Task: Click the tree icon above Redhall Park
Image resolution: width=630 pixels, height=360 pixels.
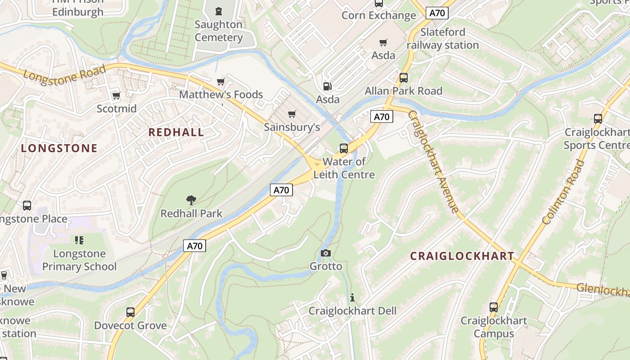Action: [191, 200]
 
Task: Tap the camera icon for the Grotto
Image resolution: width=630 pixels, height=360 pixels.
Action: [326, 253]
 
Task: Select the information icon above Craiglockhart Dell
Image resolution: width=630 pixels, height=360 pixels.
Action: [352, 297]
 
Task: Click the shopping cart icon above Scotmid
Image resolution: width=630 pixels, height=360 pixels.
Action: [117, 95]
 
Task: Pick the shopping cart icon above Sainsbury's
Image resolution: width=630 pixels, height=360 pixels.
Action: [292, 114]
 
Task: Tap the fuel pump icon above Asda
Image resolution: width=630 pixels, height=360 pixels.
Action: [328, 86]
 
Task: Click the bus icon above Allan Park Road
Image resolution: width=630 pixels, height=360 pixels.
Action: [404, 77]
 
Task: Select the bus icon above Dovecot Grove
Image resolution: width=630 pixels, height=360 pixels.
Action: [130, 312]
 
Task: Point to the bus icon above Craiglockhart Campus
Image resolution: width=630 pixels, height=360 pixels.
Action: [494, 308]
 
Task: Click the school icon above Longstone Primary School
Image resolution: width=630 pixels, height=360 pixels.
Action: [79, 240]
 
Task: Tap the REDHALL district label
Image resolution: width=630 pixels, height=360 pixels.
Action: [176, 132]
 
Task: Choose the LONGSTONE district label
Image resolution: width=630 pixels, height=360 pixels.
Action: [59, 148]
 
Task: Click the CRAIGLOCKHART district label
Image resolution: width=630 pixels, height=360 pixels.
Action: [462, 256]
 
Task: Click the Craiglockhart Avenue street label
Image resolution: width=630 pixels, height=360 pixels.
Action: [433, 161]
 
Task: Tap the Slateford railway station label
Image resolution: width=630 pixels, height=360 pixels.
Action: [443, 39]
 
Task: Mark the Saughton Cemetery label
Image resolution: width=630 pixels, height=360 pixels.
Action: [219, 31]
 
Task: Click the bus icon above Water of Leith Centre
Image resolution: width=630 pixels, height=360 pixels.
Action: [344, 148]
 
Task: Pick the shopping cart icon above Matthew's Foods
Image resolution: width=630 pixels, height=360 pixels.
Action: [220, 81]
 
